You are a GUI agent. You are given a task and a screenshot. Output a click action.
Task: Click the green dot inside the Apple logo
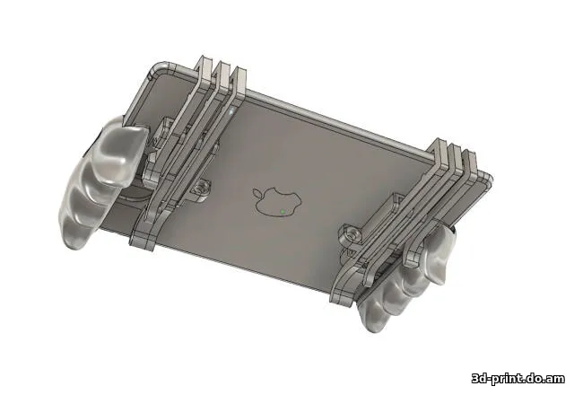283,211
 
